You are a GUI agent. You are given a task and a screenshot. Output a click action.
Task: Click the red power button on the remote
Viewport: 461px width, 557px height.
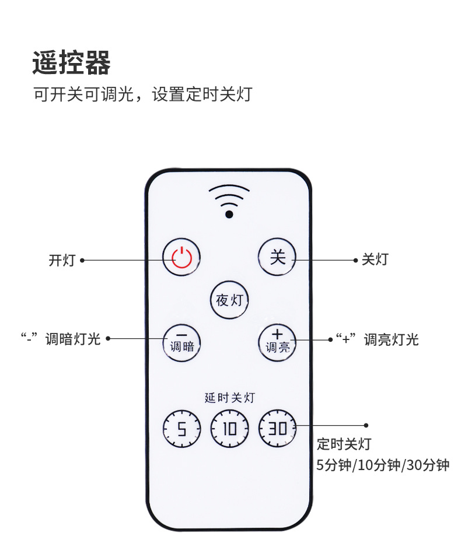tap(181, 257)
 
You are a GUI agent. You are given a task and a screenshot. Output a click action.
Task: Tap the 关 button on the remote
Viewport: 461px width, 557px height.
tap(277, 257)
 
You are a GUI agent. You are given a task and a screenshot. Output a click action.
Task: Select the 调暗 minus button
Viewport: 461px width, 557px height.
tap(181, 341)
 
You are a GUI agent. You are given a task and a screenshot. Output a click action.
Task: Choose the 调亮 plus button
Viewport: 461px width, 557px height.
tap(277, 341)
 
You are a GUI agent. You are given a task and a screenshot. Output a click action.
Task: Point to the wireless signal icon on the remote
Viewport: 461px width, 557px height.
tap(229, 201)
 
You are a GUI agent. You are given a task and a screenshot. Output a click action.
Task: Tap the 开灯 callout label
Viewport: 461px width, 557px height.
tap(62, 260)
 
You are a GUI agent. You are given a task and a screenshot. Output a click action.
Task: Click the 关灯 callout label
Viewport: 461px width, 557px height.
tap(375, 260)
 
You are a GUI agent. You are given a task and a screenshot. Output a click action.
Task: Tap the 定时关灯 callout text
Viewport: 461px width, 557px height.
tap(344, 444)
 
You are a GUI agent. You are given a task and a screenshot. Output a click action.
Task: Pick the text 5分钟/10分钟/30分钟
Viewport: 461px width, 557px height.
tap(383, 465)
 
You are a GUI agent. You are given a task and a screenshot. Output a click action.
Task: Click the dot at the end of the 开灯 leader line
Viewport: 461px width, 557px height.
tap(82, 260)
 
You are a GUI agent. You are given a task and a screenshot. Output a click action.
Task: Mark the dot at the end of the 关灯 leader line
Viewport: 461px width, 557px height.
tap(355, 260)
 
